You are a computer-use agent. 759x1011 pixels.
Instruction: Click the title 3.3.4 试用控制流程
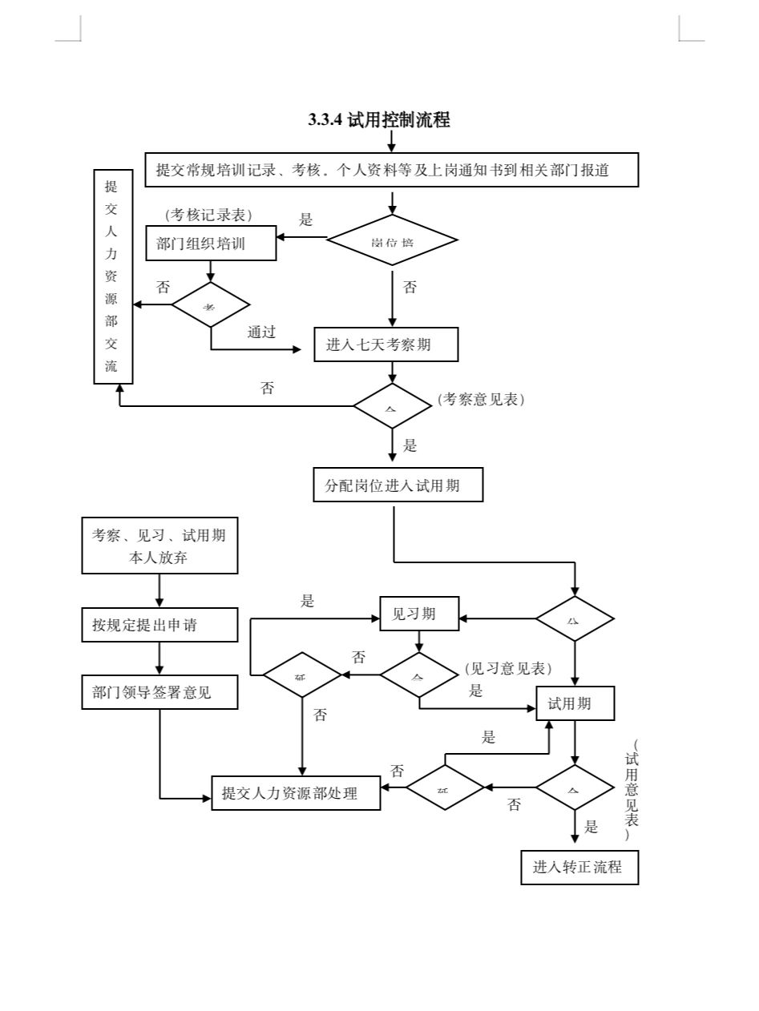tap(379, 120)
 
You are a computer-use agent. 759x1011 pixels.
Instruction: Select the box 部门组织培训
tap(211, 244)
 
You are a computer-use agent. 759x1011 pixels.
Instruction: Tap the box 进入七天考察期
tap(386, 344)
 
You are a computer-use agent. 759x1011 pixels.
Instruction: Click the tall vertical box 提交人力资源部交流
tap(112, 276)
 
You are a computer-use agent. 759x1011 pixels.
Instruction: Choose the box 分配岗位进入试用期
tap(398, 485)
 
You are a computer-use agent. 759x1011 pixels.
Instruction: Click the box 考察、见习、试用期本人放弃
tap(159, 546)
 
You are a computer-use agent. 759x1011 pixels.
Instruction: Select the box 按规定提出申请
tap(159, 625)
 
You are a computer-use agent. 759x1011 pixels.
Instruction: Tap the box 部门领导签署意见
tap(159, 692)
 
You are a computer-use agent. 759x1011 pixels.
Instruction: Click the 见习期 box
tap(419, 614)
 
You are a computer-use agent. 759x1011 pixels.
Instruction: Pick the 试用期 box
tap(575, 703)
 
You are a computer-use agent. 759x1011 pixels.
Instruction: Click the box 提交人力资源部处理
tap(296, 793)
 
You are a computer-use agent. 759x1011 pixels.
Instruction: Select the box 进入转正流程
tap(579, 867)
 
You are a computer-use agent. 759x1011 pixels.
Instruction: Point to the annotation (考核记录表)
tap(208, 215)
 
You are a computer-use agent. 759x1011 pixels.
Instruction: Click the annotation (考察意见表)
tap(481, 399)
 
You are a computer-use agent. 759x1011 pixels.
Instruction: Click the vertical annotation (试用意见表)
tap(632, 789)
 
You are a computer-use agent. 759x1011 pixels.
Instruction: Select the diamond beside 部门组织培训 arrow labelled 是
tap(392, 240)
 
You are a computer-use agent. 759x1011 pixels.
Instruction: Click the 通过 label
tap(261, 332)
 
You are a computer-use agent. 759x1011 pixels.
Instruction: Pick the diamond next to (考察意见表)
tap(392, 406)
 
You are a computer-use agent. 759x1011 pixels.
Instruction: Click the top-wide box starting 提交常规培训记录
tap(392, 170)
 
